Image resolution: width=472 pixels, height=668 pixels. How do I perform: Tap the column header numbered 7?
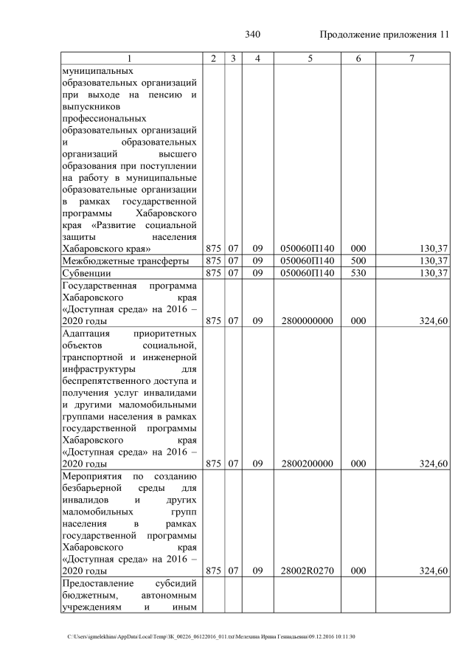click(412, 58)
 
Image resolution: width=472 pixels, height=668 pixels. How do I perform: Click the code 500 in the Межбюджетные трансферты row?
click(358, 261)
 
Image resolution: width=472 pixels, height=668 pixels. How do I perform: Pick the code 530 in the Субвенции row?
click(358, 273)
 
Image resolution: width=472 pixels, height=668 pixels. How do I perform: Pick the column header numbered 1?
click(130, 58)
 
